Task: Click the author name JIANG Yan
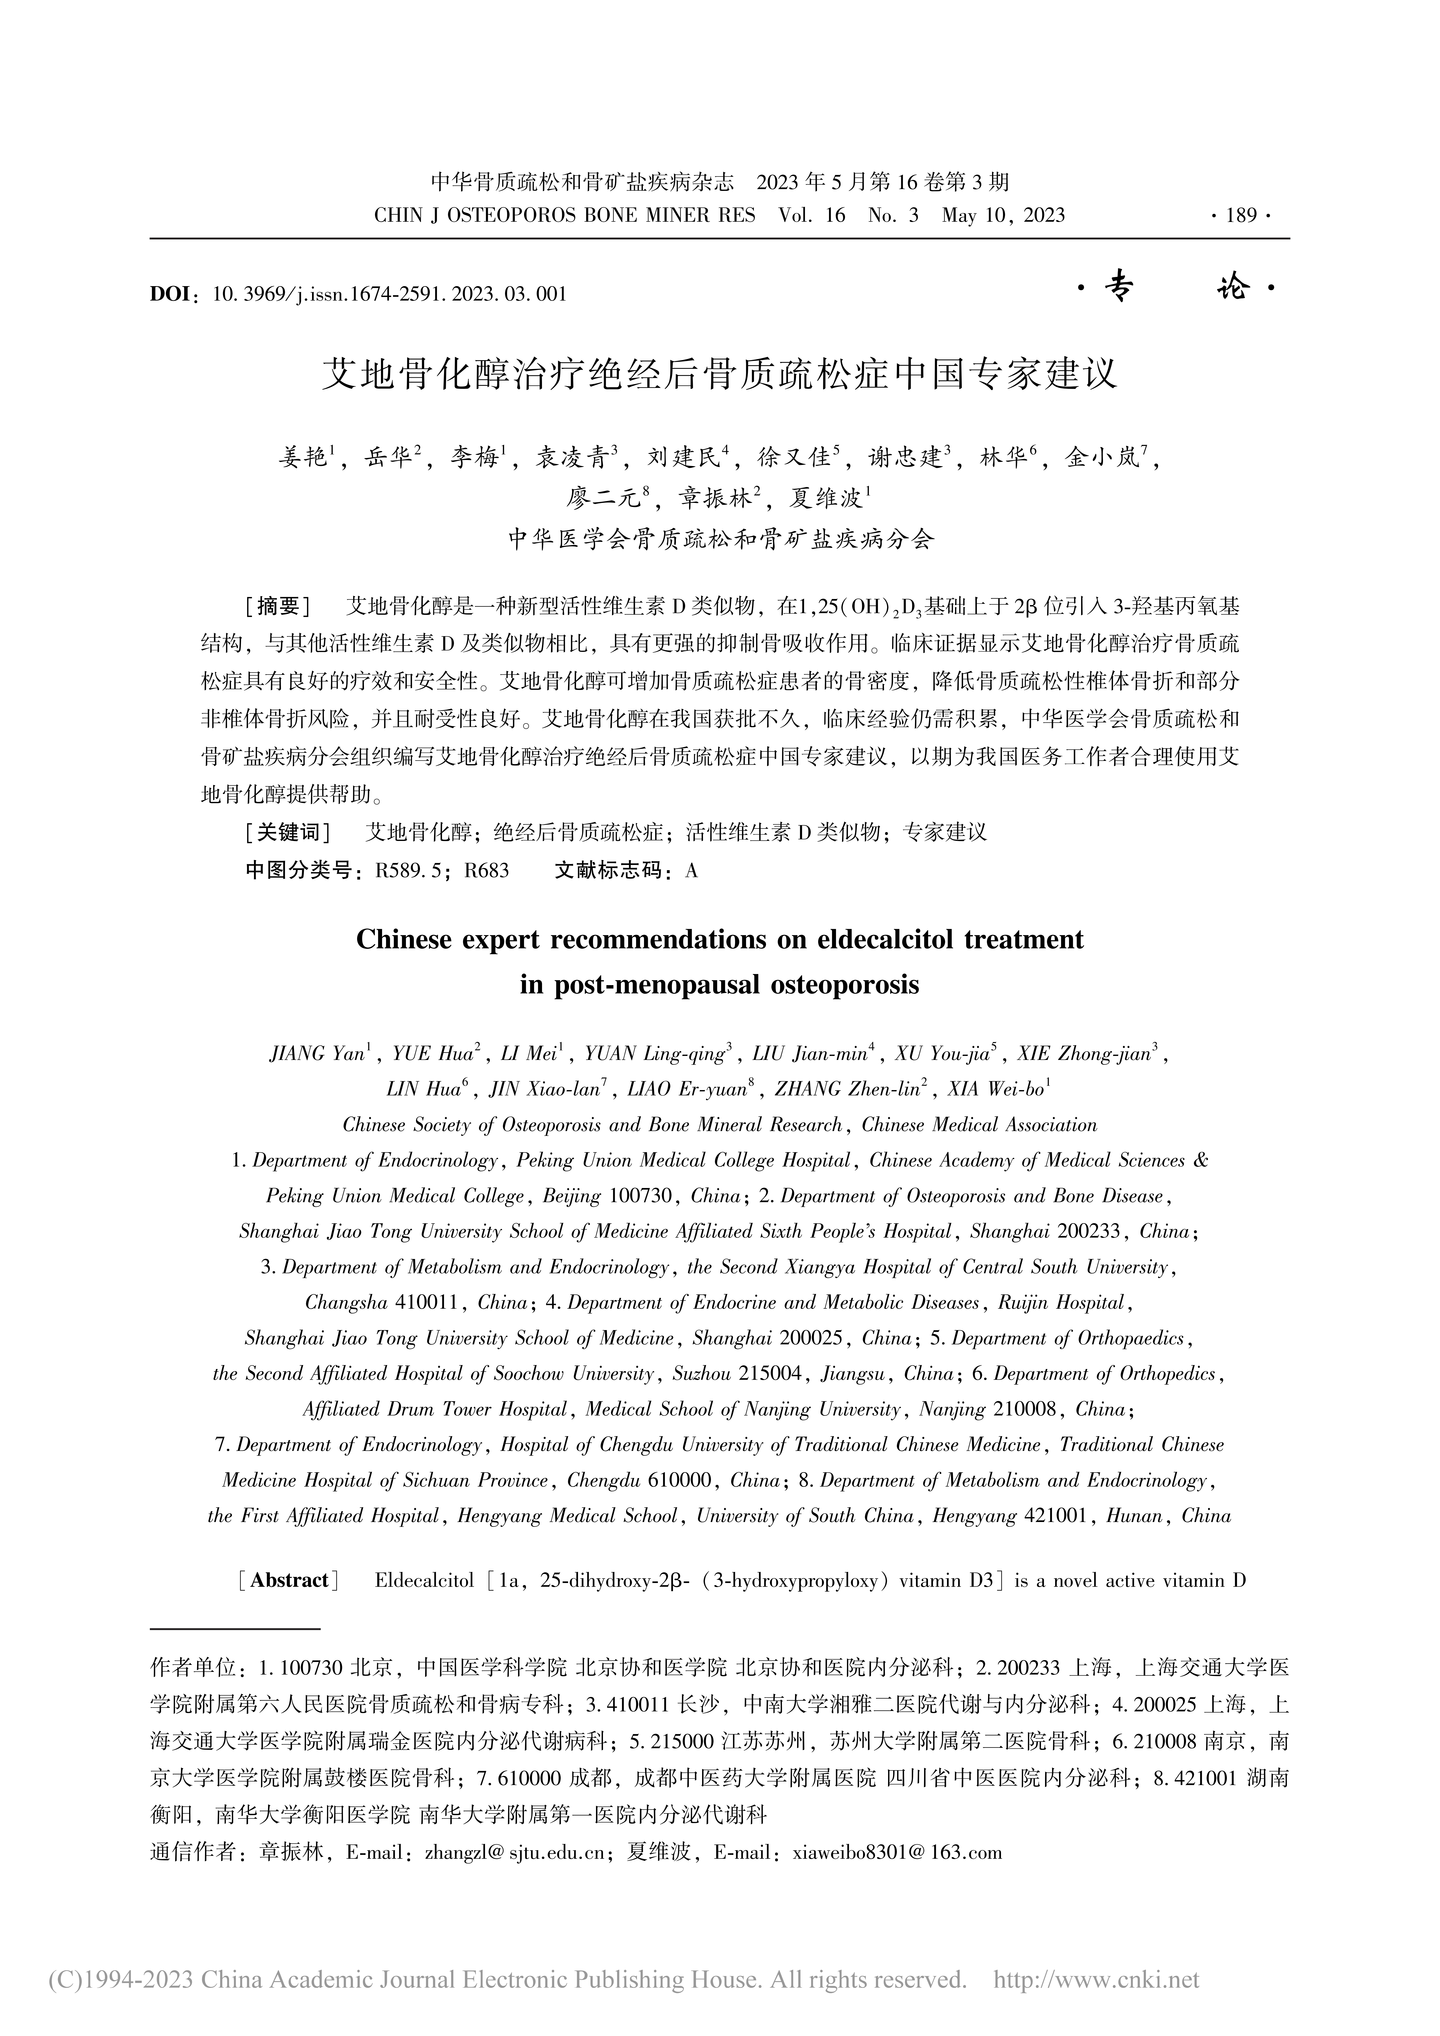coord(317,1054)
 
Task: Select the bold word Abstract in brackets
coord(290,1580)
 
